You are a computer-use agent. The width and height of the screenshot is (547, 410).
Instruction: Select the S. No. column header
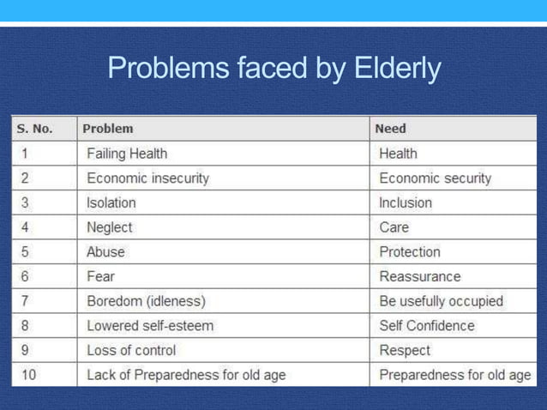34,129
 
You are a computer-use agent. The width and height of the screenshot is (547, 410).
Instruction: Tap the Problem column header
108,129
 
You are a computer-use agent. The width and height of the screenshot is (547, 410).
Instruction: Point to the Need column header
391,129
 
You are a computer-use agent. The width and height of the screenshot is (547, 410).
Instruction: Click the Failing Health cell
127,154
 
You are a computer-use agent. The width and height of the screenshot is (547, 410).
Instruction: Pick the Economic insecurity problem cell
147,178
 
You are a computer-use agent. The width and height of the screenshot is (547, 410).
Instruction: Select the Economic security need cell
436,178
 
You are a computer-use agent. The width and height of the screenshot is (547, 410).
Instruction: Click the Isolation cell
111,203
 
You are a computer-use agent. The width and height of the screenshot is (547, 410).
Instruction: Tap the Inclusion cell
406,203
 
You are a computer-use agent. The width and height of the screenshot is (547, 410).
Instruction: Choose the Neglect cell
110,228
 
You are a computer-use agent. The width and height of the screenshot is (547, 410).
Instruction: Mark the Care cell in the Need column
394,228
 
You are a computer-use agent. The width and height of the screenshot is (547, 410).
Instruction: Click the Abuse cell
105,252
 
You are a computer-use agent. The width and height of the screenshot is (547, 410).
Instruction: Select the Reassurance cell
419,277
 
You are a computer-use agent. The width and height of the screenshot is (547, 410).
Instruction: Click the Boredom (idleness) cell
146,302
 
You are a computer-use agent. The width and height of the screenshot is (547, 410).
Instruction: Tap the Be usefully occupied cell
442,302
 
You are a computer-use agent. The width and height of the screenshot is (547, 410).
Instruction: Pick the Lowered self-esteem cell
150,326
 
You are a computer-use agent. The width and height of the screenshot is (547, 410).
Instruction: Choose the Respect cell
405,351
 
